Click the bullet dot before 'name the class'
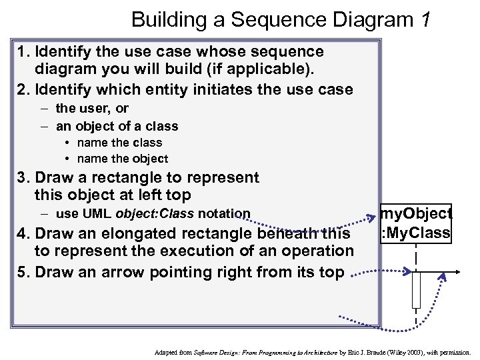(x=69, y=143)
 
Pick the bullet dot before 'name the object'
(x=69, y=159)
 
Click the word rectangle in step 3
(x=129, y=178)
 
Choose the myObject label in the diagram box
(x=415, y=214)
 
